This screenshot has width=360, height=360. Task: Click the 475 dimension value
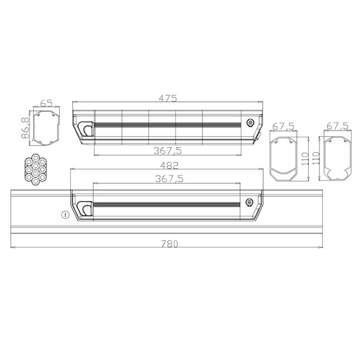168,98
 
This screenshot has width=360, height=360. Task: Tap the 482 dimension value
169,165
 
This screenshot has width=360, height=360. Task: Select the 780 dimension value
169,244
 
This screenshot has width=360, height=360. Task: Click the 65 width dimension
46,103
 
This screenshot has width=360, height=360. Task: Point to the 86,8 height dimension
25,128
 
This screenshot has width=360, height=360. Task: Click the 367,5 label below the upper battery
168,151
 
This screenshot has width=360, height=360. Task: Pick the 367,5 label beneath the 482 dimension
169,179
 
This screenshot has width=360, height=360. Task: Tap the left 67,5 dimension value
283,126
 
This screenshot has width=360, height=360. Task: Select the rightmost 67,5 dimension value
337,126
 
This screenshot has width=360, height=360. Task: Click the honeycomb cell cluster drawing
35,169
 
